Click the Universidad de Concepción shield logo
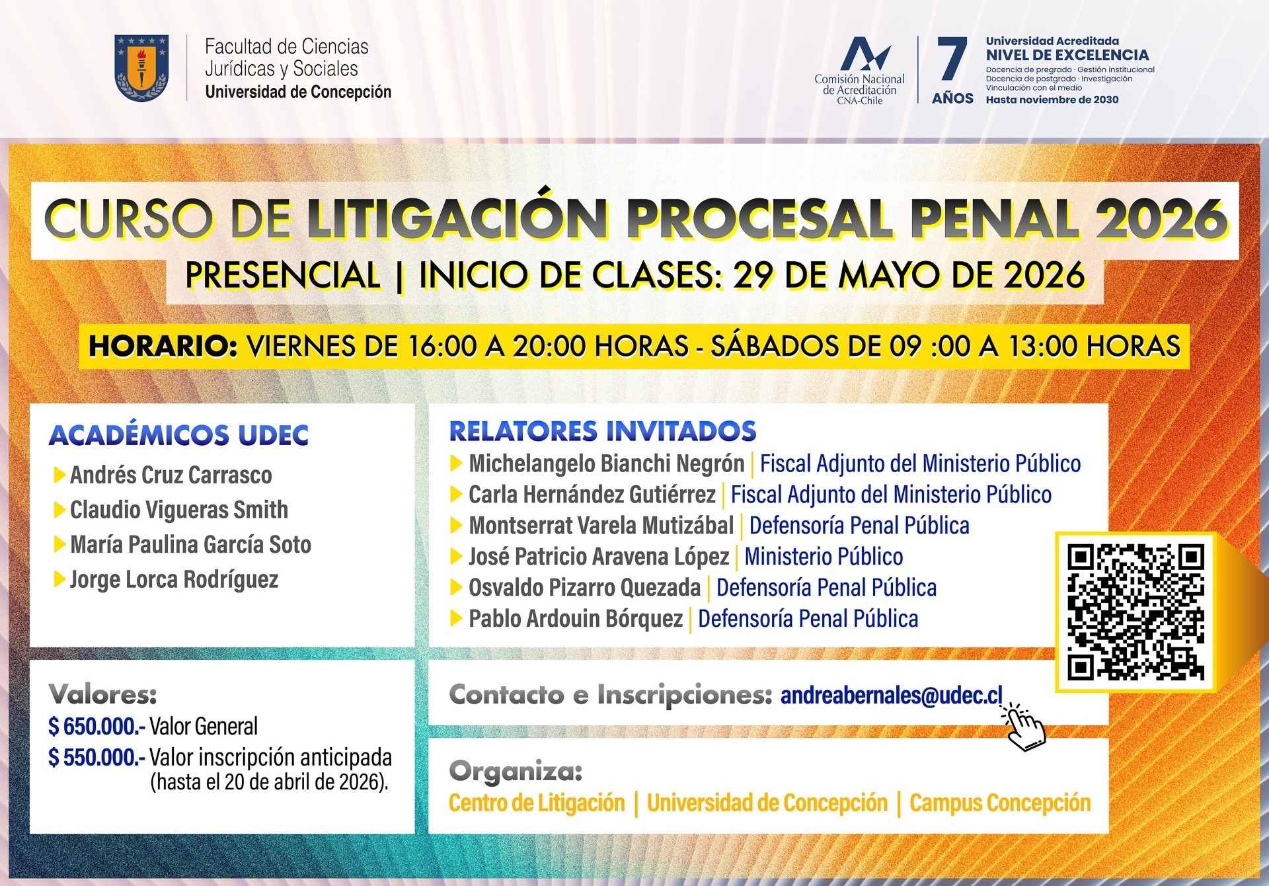coord(141,68)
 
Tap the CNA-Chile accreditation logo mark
coord(865,53)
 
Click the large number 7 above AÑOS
coord(952,60)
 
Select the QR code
coord(1135,612)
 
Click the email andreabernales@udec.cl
coord(891,695)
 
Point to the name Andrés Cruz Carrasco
coord(171,475)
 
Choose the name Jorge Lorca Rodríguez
coord(174,580)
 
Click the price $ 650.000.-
coord(96,726)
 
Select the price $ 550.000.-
coord(96,757)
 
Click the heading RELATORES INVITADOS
coord(603,431)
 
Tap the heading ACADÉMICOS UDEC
coord(178,435)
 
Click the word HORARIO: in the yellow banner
coord(163,346)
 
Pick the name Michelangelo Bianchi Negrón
coord(607,463)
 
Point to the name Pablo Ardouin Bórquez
coord(576,619)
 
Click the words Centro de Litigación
coord(537,803)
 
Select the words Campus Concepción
coord(1000,803)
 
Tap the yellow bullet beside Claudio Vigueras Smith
coord(59,510)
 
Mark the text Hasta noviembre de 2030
coord(1052,100)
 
